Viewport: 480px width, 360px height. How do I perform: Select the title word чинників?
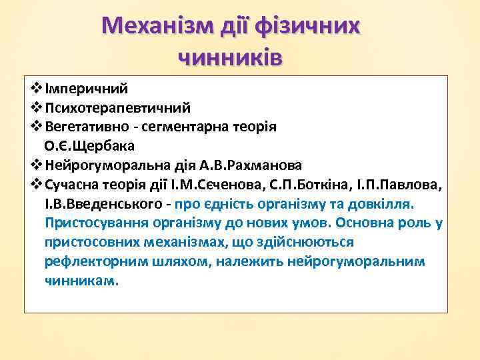[x=231, y=57]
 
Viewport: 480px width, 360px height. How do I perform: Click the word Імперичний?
[x=86, y=88]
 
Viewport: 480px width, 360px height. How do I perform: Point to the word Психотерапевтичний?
[x=118, y=107]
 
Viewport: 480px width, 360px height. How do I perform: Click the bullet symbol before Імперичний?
[x=36, y=88]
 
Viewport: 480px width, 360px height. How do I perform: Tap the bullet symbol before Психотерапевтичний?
[x=36, y=107]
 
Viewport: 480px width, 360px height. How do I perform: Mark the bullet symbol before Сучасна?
[x=36, y=184]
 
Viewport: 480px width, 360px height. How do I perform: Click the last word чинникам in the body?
[x=81, y=281]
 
